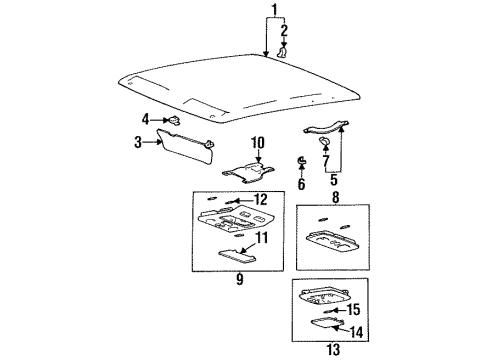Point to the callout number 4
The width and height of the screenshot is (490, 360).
pos(146,119)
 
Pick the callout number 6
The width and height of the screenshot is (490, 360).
pos(301,185)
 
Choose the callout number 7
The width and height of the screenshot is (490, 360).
pos(328,160)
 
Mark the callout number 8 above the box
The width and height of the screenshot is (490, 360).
pos(333,197)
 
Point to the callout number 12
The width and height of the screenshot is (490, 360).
pos(260,200)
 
